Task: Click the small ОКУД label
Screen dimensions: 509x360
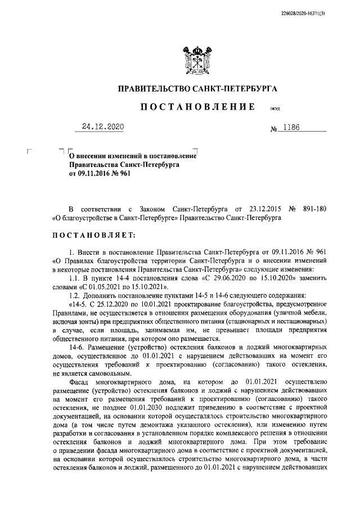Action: tap(276, 110)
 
